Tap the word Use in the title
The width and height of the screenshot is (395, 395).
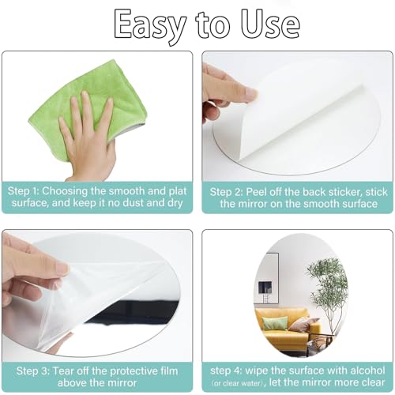pyautogui.click(x=271, y=24)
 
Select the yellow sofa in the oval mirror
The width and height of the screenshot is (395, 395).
pyautogui.click(x=286, y=330)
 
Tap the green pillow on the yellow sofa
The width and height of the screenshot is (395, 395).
pyautogui.click(x=275, y=323)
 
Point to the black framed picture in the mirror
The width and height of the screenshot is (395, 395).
pyautogui.click(x=265, y=288)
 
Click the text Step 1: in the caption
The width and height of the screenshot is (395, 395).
pyautogui.click(x=23, y=191)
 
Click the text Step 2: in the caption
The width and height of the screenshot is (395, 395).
pyautogui.click(x=227, y=192)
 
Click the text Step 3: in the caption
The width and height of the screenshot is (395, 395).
pyautogui.click(x=33, y=371)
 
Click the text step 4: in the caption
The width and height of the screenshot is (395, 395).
pyautogui.click(x=226, y=371)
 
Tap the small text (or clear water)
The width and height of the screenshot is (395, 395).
pyautogui.click(x=239, y=383)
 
